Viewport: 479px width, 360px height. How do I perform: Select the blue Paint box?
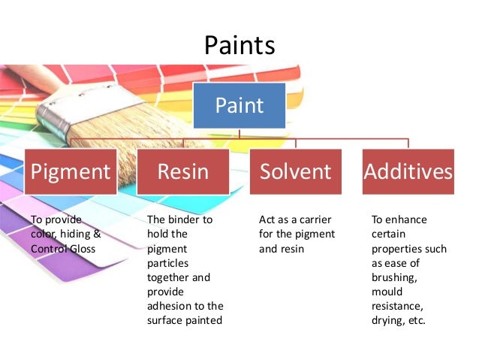(x=239, y=105)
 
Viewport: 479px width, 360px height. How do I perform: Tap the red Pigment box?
(x=70, y=171)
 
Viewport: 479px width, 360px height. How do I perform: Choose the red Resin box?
(x=182, y=171)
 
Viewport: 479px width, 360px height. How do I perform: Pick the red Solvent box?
(x=295, y=171)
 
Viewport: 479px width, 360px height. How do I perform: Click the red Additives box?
(x=408, y=171)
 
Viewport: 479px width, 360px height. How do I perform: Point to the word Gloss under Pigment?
(x=89, y=249)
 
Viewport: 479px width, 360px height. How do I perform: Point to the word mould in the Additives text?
(x=387, y=292)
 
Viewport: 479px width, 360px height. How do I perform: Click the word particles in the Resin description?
(x=167, y=263)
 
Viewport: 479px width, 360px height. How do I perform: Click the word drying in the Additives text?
(x=388, y=320)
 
